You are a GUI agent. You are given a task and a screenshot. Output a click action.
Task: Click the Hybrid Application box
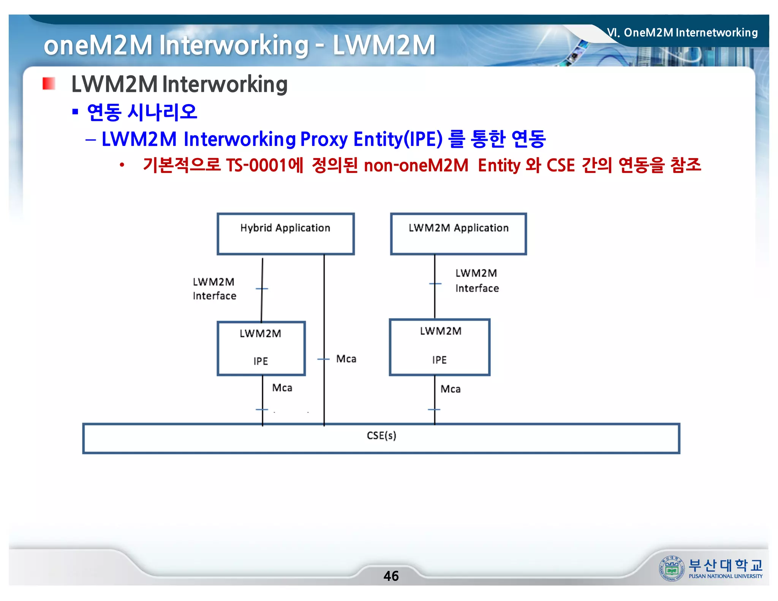coord(285,234)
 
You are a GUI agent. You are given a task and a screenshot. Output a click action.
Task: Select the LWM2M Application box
coord(458,234)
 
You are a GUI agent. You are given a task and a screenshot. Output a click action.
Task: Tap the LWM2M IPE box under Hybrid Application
coord(261,348)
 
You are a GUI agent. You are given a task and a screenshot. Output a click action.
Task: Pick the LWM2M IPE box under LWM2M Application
coord(440,347)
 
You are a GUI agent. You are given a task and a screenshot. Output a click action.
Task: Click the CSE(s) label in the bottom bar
coord(381,435)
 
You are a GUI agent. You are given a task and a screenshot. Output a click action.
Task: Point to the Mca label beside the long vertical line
coord(346,359)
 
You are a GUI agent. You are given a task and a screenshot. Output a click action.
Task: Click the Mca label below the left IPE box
coord(282,388)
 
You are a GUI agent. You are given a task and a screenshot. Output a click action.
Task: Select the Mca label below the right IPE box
coord(451,389)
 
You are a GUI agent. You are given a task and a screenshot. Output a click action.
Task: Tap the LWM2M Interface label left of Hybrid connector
coord(214,289)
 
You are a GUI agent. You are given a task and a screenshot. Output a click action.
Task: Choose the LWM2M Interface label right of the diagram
coord(477,281)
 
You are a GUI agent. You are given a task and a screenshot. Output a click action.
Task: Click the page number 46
coord(391,576)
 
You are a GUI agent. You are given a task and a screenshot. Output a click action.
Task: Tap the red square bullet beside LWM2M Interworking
coord(49,84)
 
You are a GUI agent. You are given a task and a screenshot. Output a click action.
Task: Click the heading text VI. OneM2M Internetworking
coord(682,33)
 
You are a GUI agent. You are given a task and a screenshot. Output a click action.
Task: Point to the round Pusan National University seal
coord(672,568)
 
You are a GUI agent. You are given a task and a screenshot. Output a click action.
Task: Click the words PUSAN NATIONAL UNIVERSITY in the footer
coord(725,576)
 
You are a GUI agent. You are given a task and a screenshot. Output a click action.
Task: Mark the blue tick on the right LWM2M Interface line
coord(435,283)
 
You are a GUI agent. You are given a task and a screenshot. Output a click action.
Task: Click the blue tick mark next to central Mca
coord(323,359)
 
